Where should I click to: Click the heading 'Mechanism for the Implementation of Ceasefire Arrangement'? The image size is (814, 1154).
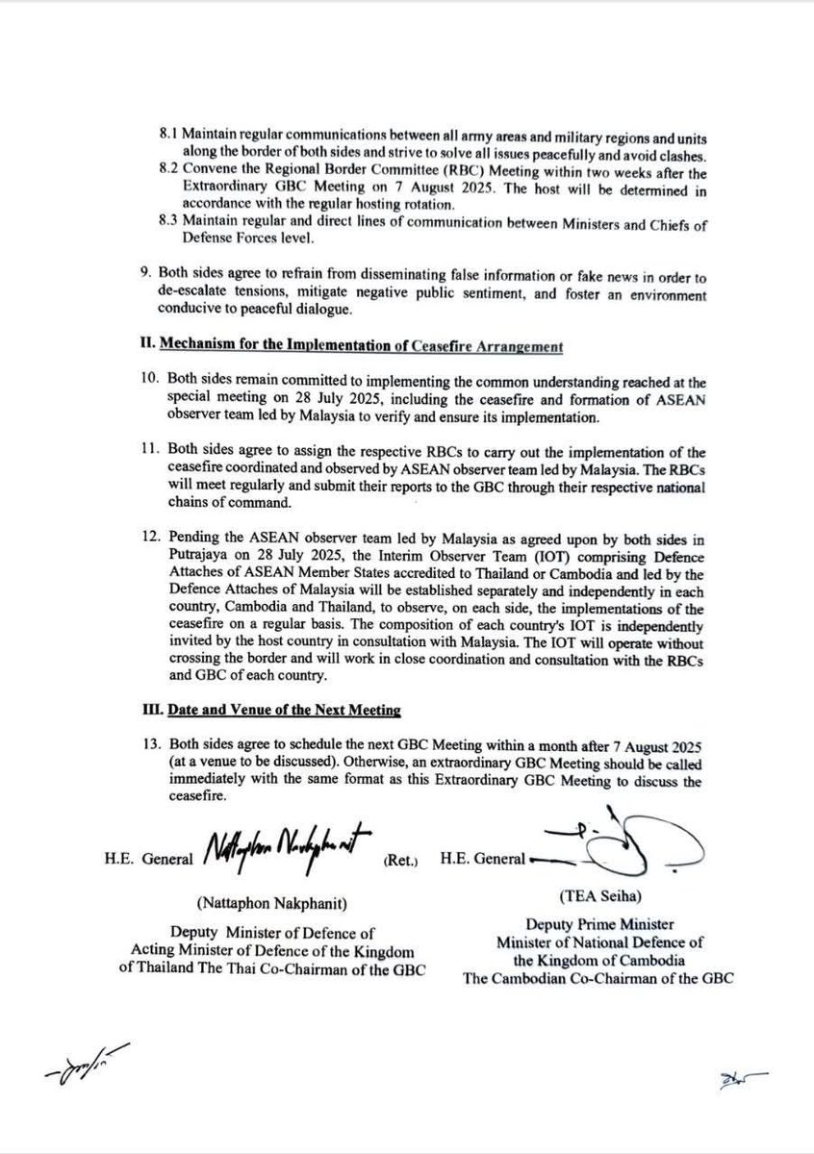click(350, 345)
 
